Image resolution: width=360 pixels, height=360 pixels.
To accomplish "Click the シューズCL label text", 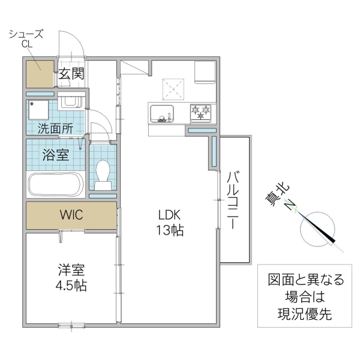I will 25,39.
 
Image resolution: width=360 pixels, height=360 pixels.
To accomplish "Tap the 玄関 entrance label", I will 71,75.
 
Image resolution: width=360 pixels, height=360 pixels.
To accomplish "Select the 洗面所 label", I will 55,128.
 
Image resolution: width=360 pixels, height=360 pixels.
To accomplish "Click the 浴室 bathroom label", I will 55,155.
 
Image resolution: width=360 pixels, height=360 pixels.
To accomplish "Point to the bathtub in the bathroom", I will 55,185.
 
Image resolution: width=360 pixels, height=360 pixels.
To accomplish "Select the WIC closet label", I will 71,215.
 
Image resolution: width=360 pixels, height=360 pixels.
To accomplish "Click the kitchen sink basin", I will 161,112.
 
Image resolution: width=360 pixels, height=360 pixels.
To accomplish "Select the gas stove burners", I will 202,112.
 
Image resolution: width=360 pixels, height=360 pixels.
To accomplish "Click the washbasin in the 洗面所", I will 71,101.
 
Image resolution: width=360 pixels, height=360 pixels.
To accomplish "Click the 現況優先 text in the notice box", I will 306,313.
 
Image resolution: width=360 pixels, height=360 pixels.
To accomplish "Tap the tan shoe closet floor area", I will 40,74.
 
